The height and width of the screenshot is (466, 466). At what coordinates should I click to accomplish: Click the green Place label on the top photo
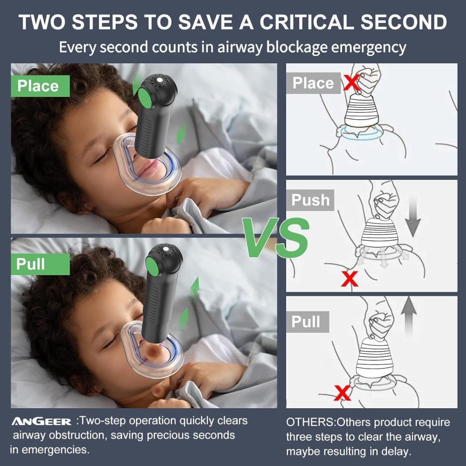click(x=38, y=86)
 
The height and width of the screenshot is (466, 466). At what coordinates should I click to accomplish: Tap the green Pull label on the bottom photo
click(x=31, y=264)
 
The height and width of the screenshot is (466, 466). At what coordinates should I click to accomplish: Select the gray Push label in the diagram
click(x=310, y=200)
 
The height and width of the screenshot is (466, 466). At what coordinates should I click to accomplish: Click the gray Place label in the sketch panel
click(x=313, y=83)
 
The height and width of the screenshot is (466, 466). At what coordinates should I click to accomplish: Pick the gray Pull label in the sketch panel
click(x=306, y=322)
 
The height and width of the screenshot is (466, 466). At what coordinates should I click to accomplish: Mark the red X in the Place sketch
click(x=351, y=82)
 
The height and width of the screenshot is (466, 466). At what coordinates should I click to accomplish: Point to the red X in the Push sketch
click(x=350, y=279)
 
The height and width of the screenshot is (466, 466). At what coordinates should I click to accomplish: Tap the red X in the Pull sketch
click(x=343, y=393)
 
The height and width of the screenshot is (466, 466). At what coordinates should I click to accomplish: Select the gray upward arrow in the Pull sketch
click(x=409, y=317)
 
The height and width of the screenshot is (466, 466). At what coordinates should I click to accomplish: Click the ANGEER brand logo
click(x=41, y=422)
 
